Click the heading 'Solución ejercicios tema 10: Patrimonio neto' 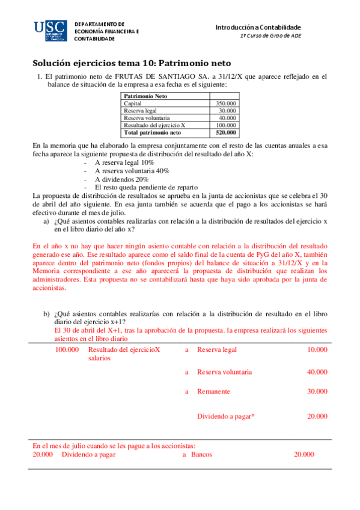[x=131, y=63]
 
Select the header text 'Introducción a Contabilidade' [x=258, y=28]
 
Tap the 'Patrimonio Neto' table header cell [x=145, y=96]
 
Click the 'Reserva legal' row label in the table [x=138, y=111]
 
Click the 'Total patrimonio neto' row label [x=152, y=132]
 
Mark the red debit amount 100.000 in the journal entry [x=67, y=349]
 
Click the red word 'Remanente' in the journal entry [x=213, y=392]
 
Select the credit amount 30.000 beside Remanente [x=317, y=392]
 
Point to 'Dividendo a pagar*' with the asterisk [x=226, y=416]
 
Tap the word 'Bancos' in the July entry [x=201, y=455]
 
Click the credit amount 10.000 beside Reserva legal [x=317, y=349]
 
